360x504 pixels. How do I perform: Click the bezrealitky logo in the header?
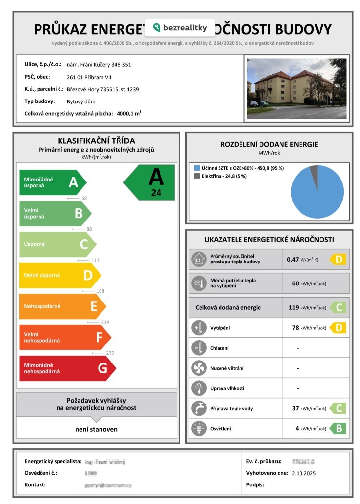click(x=180, y=28)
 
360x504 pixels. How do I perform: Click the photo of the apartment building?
click(x=297, y=88)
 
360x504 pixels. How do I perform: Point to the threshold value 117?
click(x=95, y=260)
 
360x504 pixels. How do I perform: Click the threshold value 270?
click(x=110, y=353)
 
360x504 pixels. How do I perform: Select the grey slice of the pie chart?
click(x=314, y=171)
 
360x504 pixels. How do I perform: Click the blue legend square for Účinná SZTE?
click(x=196, y=168)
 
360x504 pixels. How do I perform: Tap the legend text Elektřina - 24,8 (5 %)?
click(x=224, y=176)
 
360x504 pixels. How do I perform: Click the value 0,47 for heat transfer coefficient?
click(x=293, y=260)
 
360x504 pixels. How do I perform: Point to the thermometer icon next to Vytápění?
click(x=199, y=328)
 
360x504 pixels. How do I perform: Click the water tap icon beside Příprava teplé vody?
click(x=199, y=409)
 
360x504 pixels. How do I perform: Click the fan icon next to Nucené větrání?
click(x=199, y=368)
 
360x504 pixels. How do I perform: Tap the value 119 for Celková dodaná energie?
click(x=293, y=308)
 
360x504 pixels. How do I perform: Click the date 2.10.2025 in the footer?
click(x=304, y=473)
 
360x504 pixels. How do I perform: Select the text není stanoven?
click(x=96, y=429)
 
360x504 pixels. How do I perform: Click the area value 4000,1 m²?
click(x=129, y=113)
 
